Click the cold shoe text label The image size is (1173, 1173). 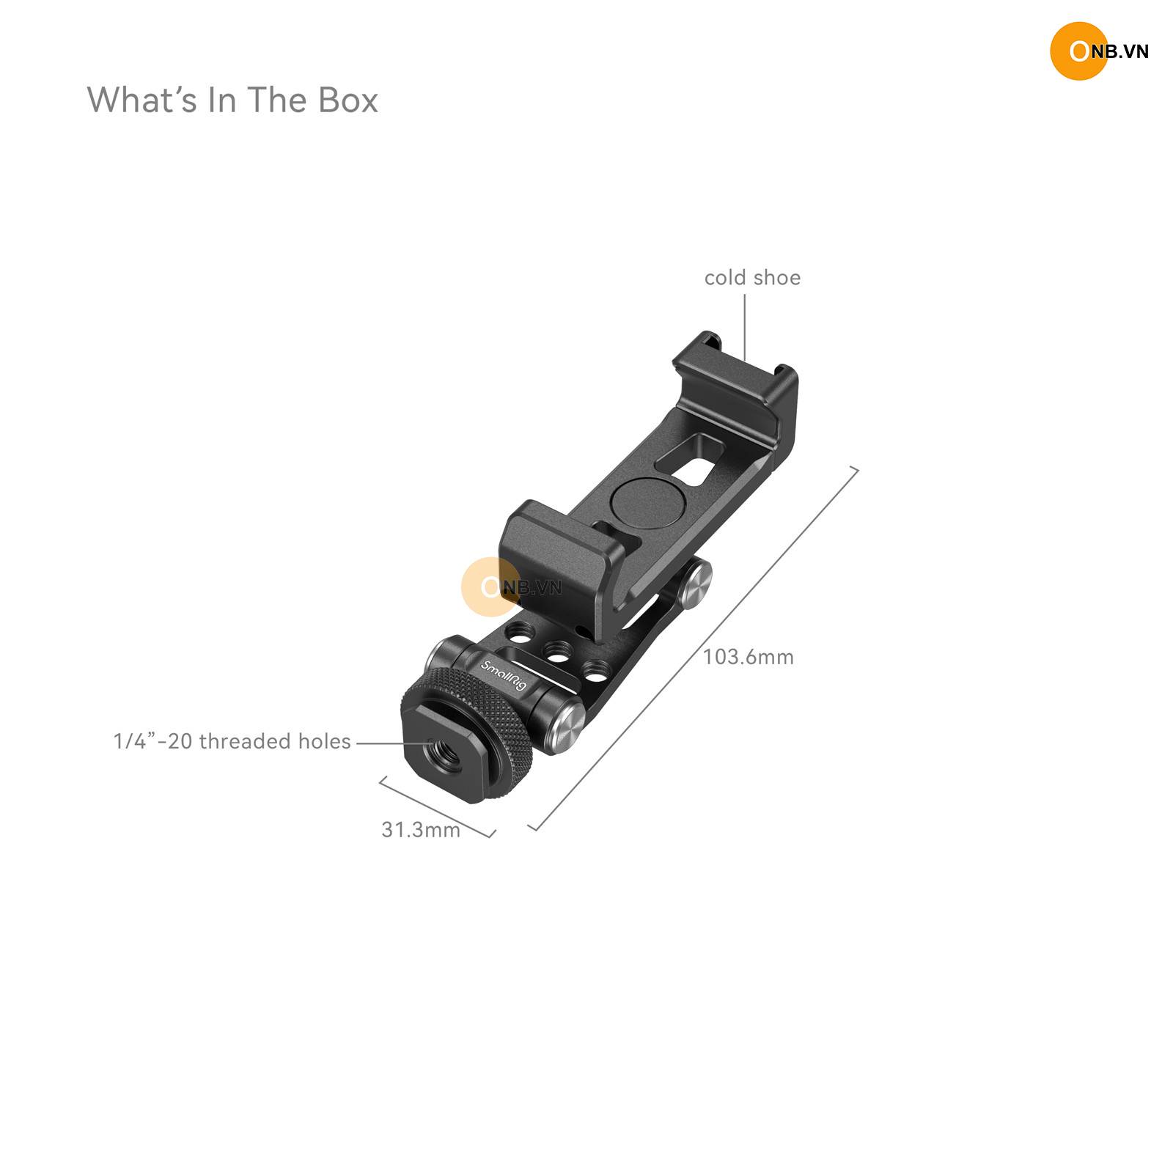752,278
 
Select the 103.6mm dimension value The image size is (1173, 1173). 749,656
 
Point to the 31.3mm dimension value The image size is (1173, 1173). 421,829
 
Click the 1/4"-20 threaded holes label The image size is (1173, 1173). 232,741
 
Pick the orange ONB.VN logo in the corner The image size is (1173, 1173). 1098,51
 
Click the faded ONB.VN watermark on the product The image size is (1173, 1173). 512,586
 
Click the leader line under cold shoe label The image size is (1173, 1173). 745,327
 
